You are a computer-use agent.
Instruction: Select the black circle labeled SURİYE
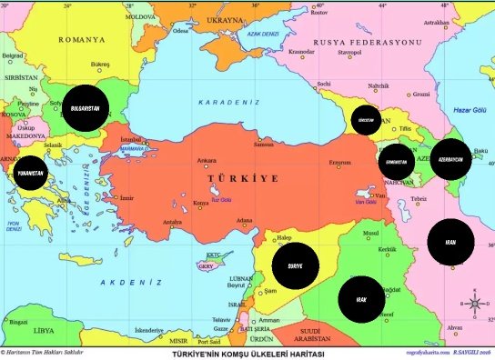pyautogui.click(x=294, y=265)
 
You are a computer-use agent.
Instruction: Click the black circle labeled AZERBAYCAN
pyautogui.click(x=450, y=159)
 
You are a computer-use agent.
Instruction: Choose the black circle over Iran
pyautogui.click(x=450, y=243)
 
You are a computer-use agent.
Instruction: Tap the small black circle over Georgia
pyautogui.click(x=367, y=120)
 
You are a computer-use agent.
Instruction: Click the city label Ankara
pyautogui.click(x=207, y=161)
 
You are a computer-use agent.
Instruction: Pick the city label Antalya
pyautogui.click(x=172, y=222)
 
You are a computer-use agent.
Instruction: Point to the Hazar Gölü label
pyautogui.click(x=471, y=110)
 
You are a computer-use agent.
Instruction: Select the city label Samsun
pyautogui.click(x=263, y=144)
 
